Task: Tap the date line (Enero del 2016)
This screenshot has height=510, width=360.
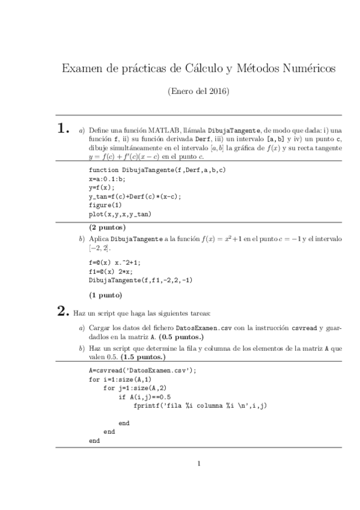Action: click(199, 92)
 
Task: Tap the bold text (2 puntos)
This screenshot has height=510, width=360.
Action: click(107, 227)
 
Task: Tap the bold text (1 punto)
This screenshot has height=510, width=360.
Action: click(105, 295)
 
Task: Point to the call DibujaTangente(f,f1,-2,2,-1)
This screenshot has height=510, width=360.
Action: click(140, 280)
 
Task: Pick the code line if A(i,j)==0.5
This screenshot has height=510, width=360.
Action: click(145, 397)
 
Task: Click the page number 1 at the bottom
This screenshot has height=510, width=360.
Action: click(199, 463)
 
